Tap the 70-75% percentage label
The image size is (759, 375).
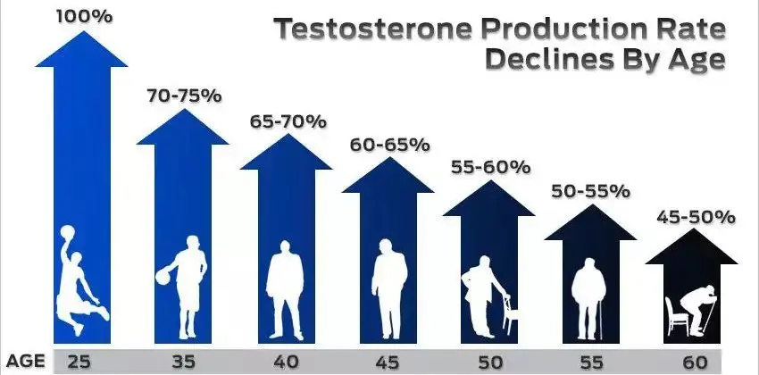click(182, 95)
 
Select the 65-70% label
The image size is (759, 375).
click(287, 121)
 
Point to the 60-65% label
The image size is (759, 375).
click(388, 144)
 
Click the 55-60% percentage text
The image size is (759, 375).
click(490, 167)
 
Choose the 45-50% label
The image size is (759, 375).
click(695, 216)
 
